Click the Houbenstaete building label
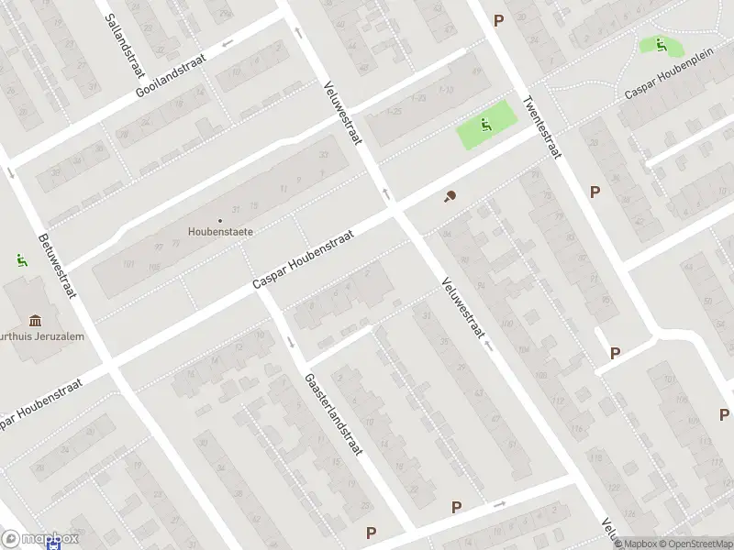(220, 232)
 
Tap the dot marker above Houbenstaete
(220, 220)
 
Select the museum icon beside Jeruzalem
(36, 320)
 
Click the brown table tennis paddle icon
(450, 195)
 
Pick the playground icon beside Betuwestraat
(20, 260)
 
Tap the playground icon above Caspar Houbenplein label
(661, 43)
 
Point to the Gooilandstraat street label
(171, 74)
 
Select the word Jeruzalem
(57, 336)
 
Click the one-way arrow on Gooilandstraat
(227, 41)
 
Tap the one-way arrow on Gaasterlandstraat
(291, 342)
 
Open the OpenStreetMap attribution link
(695, 544)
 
